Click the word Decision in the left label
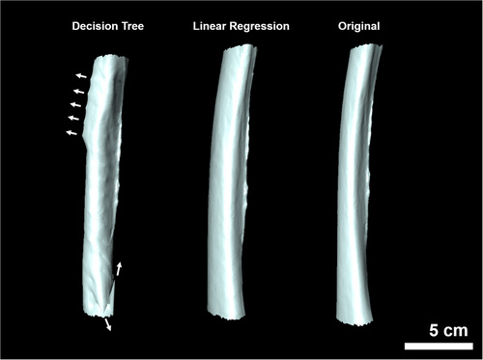pyautogui.click(x=94, y=26)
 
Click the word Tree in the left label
pyautogui.click(x=131, y=26)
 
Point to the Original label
pyautogui.click(x=359, y=27)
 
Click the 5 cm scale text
pyautogui.click(x=448, y=330)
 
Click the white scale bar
pyautogui.click(x=439, y=346)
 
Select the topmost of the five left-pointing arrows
pyautogui.click(x=81, y=76)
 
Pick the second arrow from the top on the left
pyautogui.click(x=79, y=92)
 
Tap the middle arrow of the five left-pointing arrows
pyautogui.click(x=76, y=104)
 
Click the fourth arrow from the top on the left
pyautogui.click(x=73, y=118)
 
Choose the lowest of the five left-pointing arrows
pyautogui.click(x=71, y=132)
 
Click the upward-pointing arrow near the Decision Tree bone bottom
pyautogui.click(x=119, y=269)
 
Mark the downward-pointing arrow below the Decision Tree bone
pyautogui.click(x=108, y=324)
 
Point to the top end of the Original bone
pyautogui.click(x=366, y=48)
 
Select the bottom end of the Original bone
pyautogui.click(x=355, y=320)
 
